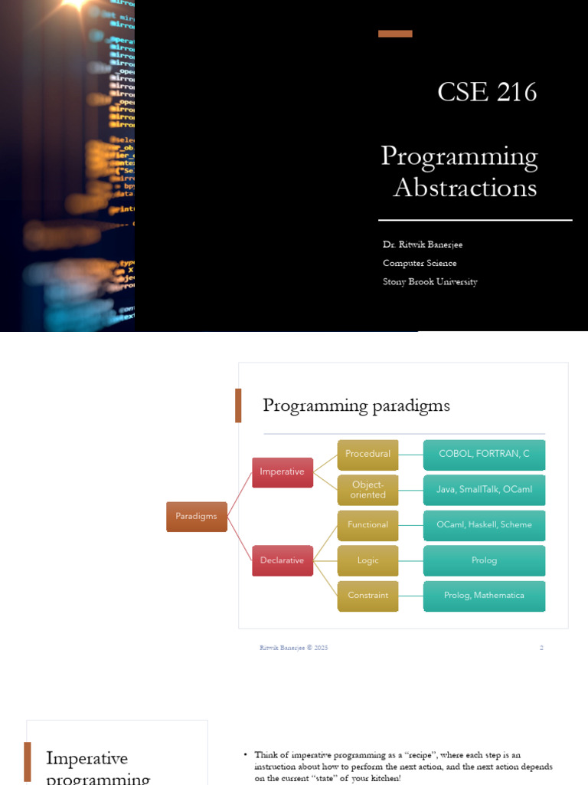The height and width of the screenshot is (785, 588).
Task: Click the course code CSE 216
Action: pyautogui.click(x=487, y=92)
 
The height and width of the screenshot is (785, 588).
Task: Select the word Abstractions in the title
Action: pyautogui.click(x=465, y=188)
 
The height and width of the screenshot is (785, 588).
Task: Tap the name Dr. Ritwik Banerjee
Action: pyautogui.click(x=423, y=245)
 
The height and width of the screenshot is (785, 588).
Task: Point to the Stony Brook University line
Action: pyautogui.click(x=430, y=282)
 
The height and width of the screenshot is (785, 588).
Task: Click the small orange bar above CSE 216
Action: pyautogui.click(x=395, y=34)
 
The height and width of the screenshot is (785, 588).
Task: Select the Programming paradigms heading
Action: pyautogui.click(x=356, y=406)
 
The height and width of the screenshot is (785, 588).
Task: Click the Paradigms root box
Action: pyautogui.click(x=196, y=517)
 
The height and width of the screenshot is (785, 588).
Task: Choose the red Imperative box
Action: pyautogui.click(x=283, y=472)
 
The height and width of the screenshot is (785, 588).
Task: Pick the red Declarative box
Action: pyautogui.click(x=283, y=560)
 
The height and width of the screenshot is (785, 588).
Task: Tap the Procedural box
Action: pyautogui.click(x=367, y=455)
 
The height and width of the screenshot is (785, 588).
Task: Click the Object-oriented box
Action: pyautogui.click(x=367, y=490)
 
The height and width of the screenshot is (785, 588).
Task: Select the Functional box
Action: pyautogui.click(x=367, y=525)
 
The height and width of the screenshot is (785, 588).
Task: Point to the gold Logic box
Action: pyautogui.click(x=367, y=560)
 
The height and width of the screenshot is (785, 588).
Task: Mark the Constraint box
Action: pyautogui.click(x=367, y=596)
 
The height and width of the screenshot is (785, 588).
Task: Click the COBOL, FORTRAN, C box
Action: pyautogui.click(x=484, y=455)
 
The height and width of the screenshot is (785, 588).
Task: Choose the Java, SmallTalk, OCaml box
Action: pyautogui.click(x=484, y=490)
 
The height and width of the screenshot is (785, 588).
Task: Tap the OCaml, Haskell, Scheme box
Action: pyautogui.click(x=484, y=525)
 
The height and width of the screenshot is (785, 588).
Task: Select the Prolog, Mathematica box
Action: pyautogui.click(x=484, y=596)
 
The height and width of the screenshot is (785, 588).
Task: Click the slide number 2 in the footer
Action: pyautogui.click(x=541, y=648)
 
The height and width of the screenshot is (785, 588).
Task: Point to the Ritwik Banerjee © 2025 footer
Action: pyautogui.click(x=293, y=648)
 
